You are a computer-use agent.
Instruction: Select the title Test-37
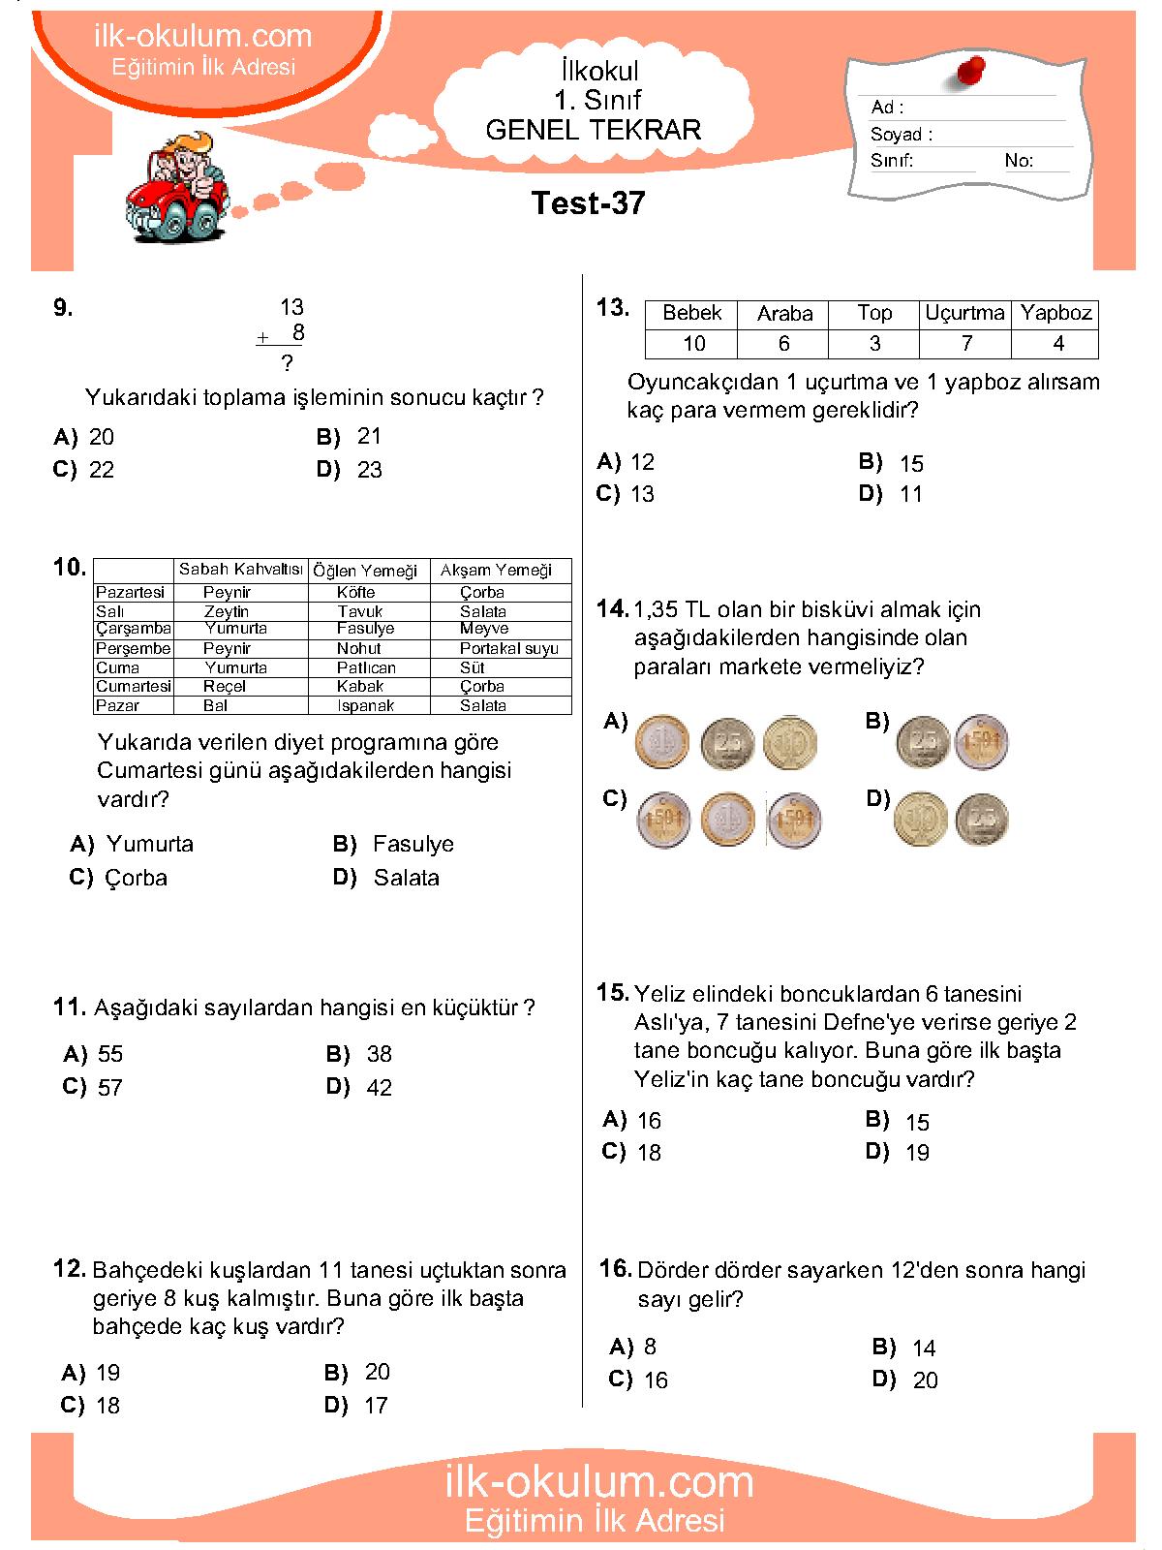588,203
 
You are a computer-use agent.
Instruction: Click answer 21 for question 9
369,437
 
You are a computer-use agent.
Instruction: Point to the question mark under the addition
287,364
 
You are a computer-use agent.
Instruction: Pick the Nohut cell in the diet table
358,648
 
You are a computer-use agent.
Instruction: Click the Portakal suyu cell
508,648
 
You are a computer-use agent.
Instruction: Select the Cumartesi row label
133,686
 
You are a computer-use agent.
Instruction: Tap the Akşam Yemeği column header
496,570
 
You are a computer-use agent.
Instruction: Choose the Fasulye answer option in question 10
413,844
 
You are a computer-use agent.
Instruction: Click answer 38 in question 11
379,1054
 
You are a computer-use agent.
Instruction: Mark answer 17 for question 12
376,1406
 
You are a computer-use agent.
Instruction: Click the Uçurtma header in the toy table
964,313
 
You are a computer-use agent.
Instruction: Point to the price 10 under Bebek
693,344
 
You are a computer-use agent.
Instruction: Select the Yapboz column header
1055,313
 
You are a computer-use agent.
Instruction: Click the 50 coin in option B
982,742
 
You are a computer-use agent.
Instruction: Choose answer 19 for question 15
916,1153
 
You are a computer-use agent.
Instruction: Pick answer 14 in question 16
923,1348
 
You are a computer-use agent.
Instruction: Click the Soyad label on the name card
901,135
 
